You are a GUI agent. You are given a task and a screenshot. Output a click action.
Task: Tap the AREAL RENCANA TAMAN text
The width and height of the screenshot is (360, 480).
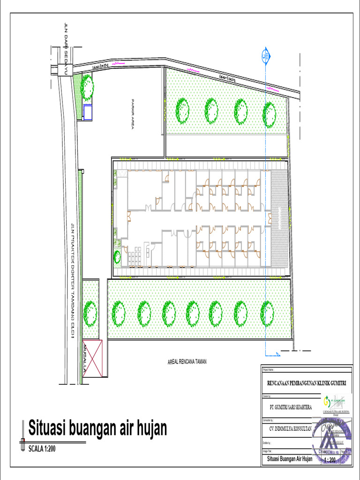[187, 361]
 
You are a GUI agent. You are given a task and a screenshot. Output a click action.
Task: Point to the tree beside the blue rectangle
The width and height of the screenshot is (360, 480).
[87, 86]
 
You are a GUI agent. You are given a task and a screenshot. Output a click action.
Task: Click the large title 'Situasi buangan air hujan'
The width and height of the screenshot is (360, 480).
[97, 428]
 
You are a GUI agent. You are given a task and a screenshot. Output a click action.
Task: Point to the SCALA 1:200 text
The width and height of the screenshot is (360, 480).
[42, 449]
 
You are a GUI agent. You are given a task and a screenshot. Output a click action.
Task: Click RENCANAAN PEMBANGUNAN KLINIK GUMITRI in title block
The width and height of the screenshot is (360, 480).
[306, 383]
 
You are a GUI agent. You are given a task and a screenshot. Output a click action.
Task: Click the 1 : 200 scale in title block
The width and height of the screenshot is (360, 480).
[330, 460]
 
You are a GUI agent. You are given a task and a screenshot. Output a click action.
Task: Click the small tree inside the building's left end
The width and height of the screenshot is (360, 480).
[117, 256]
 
